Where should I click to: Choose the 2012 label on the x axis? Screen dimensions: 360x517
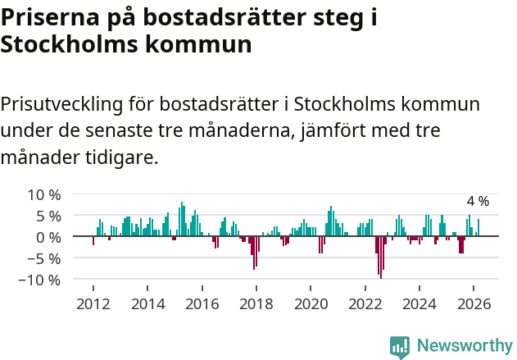coord(93,303)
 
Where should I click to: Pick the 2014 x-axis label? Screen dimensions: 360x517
coord(147,303)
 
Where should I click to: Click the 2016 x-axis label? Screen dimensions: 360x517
coord(202,303)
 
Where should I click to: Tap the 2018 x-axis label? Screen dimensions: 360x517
coord(256,303)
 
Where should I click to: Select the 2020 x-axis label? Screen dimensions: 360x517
coord(311,303)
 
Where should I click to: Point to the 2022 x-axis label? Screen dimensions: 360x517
coord(365,303)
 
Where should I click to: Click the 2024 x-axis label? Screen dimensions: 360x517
coord(419,303)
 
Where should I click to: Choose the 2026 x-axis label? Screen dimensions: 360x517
coord(474,303)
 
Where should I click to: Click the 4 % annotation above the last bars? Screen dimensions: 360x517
coord(478,201)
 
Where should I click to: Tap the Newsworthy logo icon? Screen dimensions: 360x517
coord(400,346)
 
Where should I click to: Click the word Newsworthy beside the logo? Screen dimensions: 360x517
coord(464,346)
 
